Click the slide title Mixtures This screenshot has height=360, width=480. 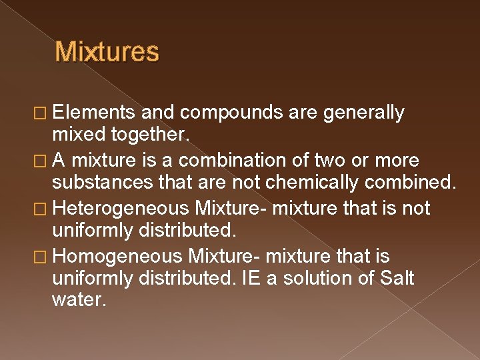click(x=107, y=52)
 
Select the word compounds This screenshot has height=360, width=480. click(x=231, y=113)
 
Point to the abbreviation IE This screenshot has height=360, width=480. click(x=253, y=278)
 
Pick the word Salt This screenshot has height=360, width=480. click(x=396, y=278)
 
